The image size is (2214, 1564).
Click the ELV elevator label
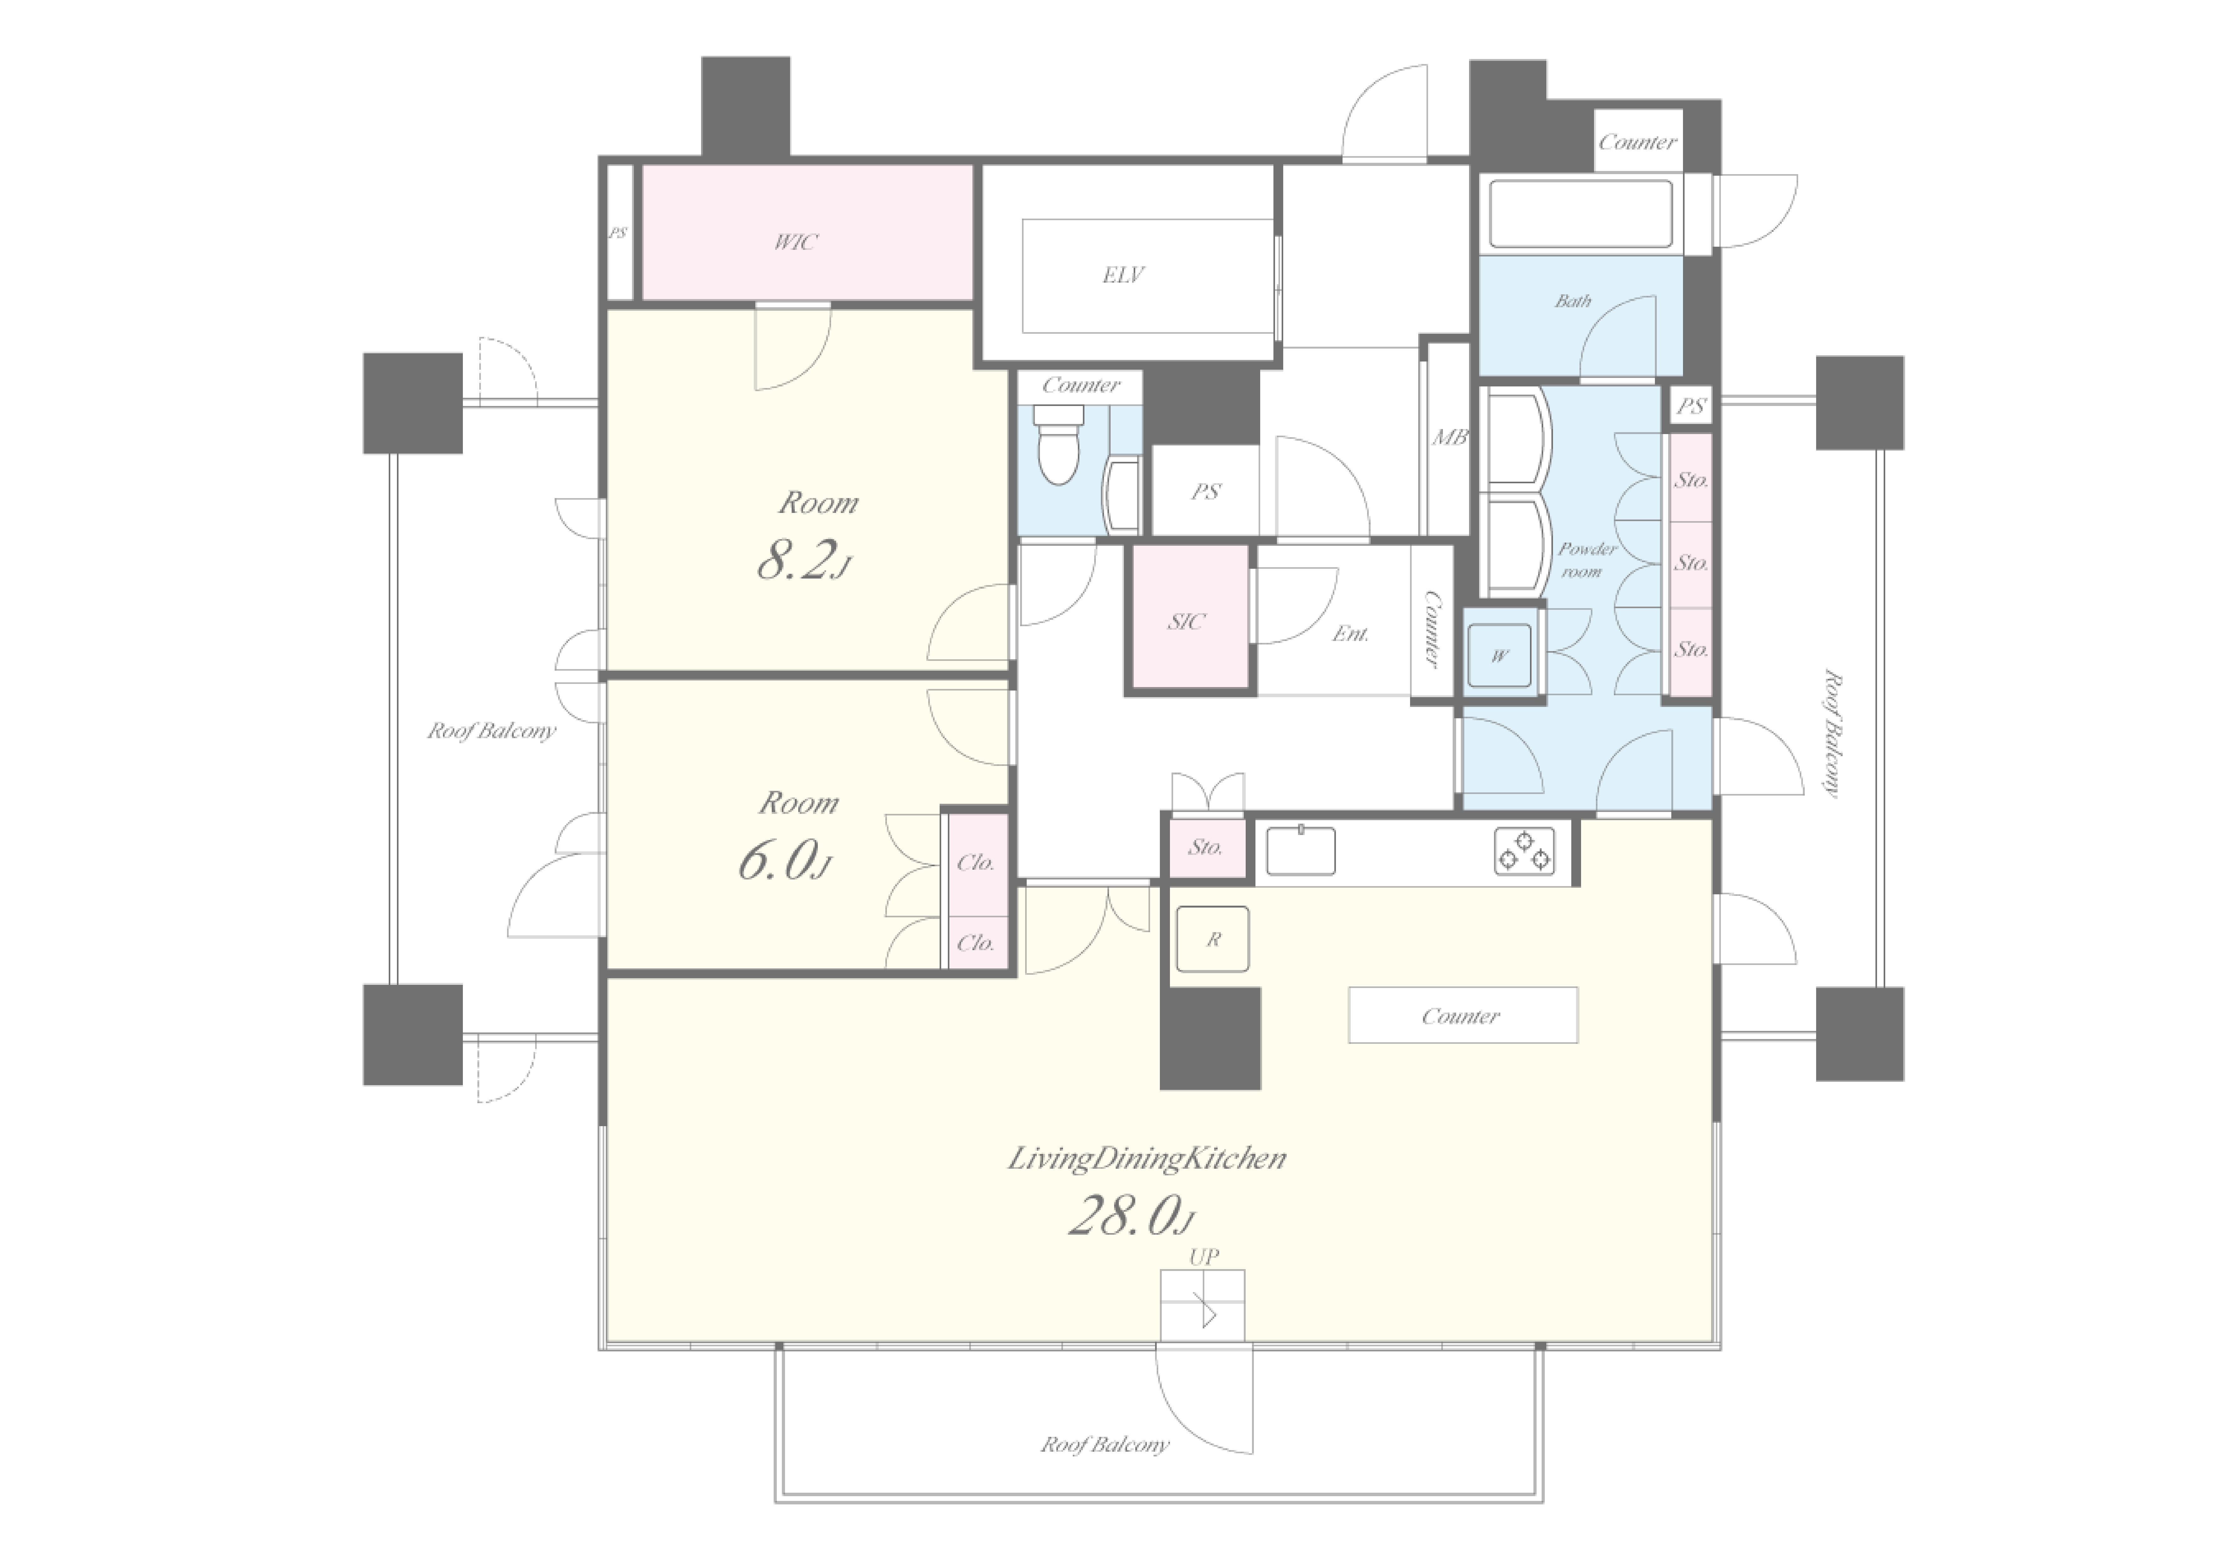click(1123, 276)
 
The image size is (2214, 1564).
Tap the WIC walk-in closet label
click(795, 242)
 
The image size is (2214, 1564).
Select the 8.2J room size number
click(803, 560)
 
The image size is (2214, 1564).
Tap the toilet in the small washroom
click(1059, 444)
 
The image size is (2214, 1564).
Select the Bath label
click(1573, 301)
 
